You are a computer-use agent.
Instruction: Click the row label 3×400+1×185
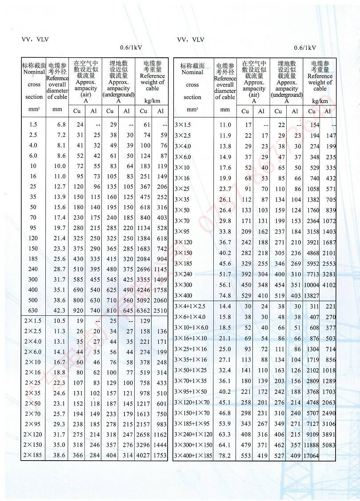tap(193, 456)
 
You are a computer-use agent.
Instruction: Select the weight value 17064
tap(312, 456)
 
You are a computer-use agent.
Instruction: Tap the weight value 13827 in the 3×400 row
tap(312, 296)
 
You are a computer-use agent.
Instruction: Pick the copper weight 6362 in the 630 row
tap(143, 311)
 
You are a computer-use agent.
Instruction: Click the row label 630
tap(33, 311)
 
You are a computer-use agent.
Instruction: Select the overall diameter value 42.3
tap(59, 311)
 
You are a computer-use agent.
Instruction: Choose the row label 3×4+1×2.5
tap(190, 306)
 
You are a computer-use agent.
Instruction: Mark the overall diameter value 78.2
tap(225, 456)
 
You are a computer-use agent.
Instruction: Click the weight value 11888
tap(312, 445)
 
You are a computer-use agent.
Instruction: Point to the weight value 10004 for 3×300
tap(312, 285)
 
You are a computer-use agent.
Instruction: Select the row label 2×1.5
tap(33, 321)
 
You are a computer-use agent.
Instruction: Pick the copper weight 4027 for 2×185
tap(143, 455)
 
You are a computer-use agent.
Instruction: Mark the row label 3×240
tap(184, 274)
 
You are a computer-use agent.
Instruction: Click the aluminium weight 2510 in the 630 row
tap(160, 311)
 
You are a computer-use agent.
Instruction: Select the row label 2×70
tap(33, 414)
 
